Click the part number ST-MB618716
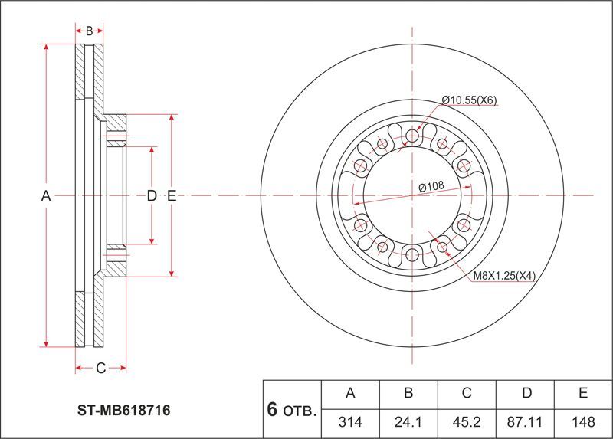pyautogui.click(x=123, y=410)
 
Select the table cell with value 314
pyautogui.click(x=350, y=422)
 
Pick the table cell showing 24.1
pyautogui.click(x=408, y=422)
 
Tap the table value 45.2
pyautogui.click(x=466, y=422)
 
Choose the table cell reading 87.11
pyautogui.click(x=524, y=422)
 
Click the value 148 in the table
pyautogui.click(x=583, y=422)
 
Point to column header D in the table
pyautogui.click(x=526, y=392)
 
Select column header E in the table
pyautogui.click(x=583, y=392)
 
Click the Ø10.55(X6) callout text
pyautogui.click(x=469, y=100)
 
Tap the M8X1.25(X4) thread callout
pyautogui.click(x=504, y=276)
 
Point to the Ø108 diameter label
pyautogui.click(x=431, y=187)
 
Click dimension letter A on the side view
pyautogui.click(x=46, y=195)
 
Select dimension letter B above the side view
pyautogui.click(x=89, y=31)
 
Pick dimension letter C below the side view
pyautogui.click(x=101, y=368)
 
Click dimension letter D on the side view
pyautogui.click(x=152, y=195)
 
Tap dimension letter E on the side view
pyautogui.click(x=172, y=195)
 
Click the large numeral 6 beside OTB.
pyautogui.click(x=272, y=409)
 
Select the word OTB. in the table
pyautogui.click(x=300, y=411)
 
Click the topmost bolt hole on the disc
pyautogui.click(x=412, y=136)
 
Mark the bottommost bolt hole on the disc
pyautogui.click(x=412, y=255)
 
